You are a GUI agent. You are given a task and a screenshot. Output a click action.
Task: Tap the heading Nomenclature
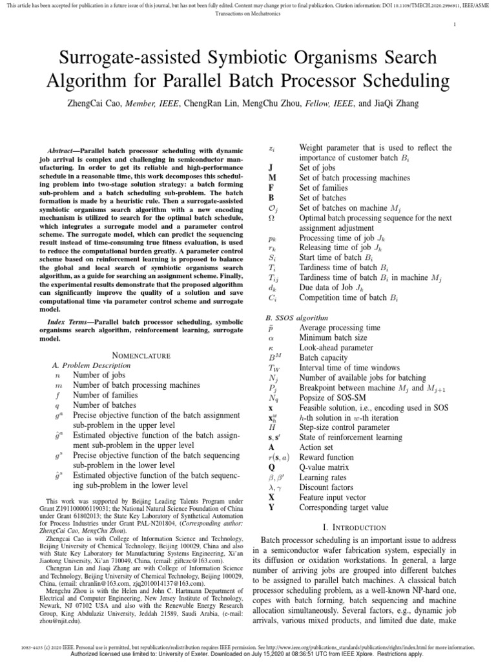point(141,355)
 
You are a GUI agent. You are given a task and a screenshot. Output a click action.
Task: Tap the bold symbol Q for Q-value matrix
point(272,477)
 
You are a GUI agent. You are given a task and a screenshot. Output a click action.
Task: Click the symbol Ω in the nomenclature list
point(272,219)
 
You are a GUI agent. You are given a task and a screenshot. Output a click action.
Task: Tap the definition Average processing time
point(340,328)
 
